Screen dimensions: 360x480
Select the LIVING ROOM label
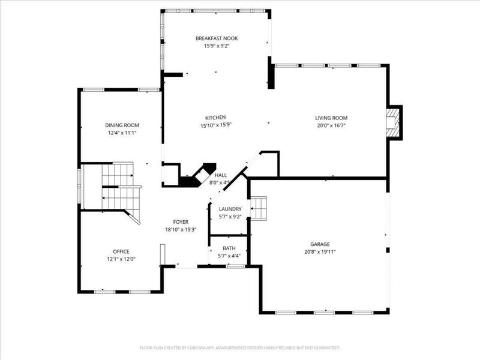tap(331, 118)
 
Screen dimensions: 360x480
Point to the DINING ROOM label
tap(122, 125)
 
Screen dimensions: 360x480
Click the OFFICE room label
tap(121, 251)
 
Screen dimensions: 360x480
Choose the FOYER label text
tap(181, 221)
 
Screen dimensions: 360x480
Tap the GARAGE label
tap(320, 244)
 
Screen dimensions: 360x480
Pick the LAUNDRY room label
tap(230, 209)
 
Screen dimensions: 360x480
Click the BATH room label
tap(229, 248)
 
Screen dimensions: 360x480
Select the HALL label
tap(220, 175)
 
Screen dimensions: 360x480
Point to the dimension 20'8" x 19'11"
tap(320, 252)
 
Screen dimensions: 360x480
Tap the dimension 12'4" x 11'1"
tap(122, 133)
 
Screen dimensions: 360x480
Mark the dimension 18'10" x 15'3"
tap(181, 229)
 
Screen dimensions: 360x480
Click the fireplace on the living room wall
tap(393, 122)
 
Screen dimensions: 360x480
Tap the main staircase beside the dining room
tap(117, 186)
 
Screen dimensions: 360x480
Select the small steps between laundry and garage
tap(259, 209)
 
